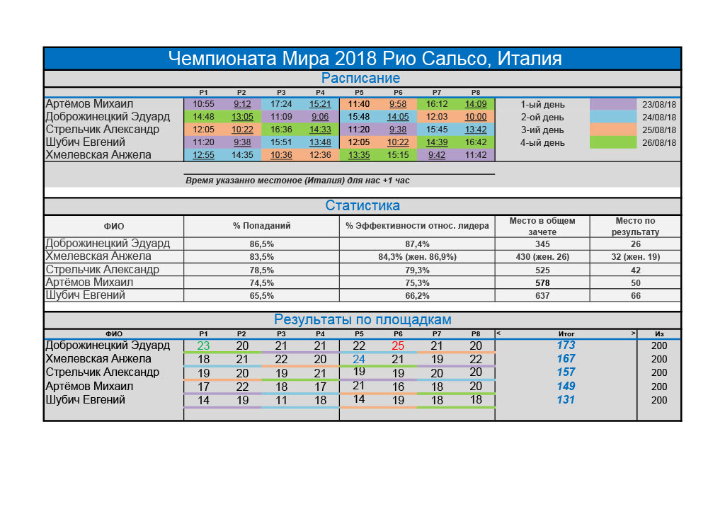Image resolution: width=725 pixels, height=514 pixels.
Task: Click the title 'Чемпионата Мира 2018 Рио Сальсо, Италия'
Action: click(x=362, y=58)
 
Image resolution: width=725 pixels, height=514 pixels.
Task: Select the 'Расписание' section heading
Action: click(x=360, y=79)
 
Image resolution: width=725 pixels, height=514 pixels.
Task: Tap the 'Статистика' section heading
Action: click(x=362, y=206)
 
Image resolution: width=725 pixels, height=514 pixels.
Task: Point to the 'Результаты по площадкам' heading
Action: click(x=362, y=320)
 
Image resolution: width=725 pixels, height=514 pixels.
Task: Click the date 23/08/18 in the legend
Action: click(x=659, y=104)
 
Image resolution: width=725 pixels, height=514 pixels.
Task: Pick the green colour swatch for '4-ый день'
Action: click(x=613, y=142)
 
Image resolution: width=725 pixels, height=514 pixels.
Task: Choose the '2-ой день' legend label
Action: click(x=542, y=117)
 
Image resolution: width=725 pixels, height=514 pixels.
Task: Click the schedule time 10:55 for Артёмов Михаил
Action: click(x=203, y=104)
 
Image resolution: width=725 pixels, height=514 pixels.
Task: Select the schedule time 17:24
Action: click(x=281, y=104)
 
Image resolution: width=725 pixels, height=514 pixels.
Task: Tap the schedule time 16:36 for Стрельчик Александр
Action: click(x=281, y=130)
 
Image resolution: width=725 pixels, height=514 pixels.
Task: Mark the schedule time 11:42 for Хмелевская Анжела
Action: click(x=476, y=155)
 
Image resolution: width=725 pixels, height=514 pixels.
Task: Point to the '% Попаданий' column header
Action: click(x=262, y=226)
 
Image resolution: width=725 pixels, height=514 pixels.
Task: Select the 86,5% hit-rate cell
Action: click(x=262, y=244)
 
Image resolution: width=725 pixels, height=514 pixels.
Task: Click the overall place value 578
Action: click(x=542, y=282)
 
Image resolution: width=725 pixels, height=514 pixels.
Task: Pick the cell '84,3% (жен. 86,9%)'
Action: click(x=418, y=256)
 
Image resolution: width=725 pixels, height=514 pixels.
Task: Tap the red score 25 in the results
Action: click(x=398, y=345)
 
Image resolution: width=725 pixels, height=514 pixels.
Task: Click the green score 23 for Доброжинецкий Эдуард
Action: click(x=203, y=346)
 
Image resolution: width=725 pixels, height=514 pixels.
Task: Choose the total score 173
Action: click(x=566, y=345)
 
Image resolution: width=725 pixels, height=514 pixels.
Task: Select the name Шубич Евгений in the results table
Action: click(x=85, y=400)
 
